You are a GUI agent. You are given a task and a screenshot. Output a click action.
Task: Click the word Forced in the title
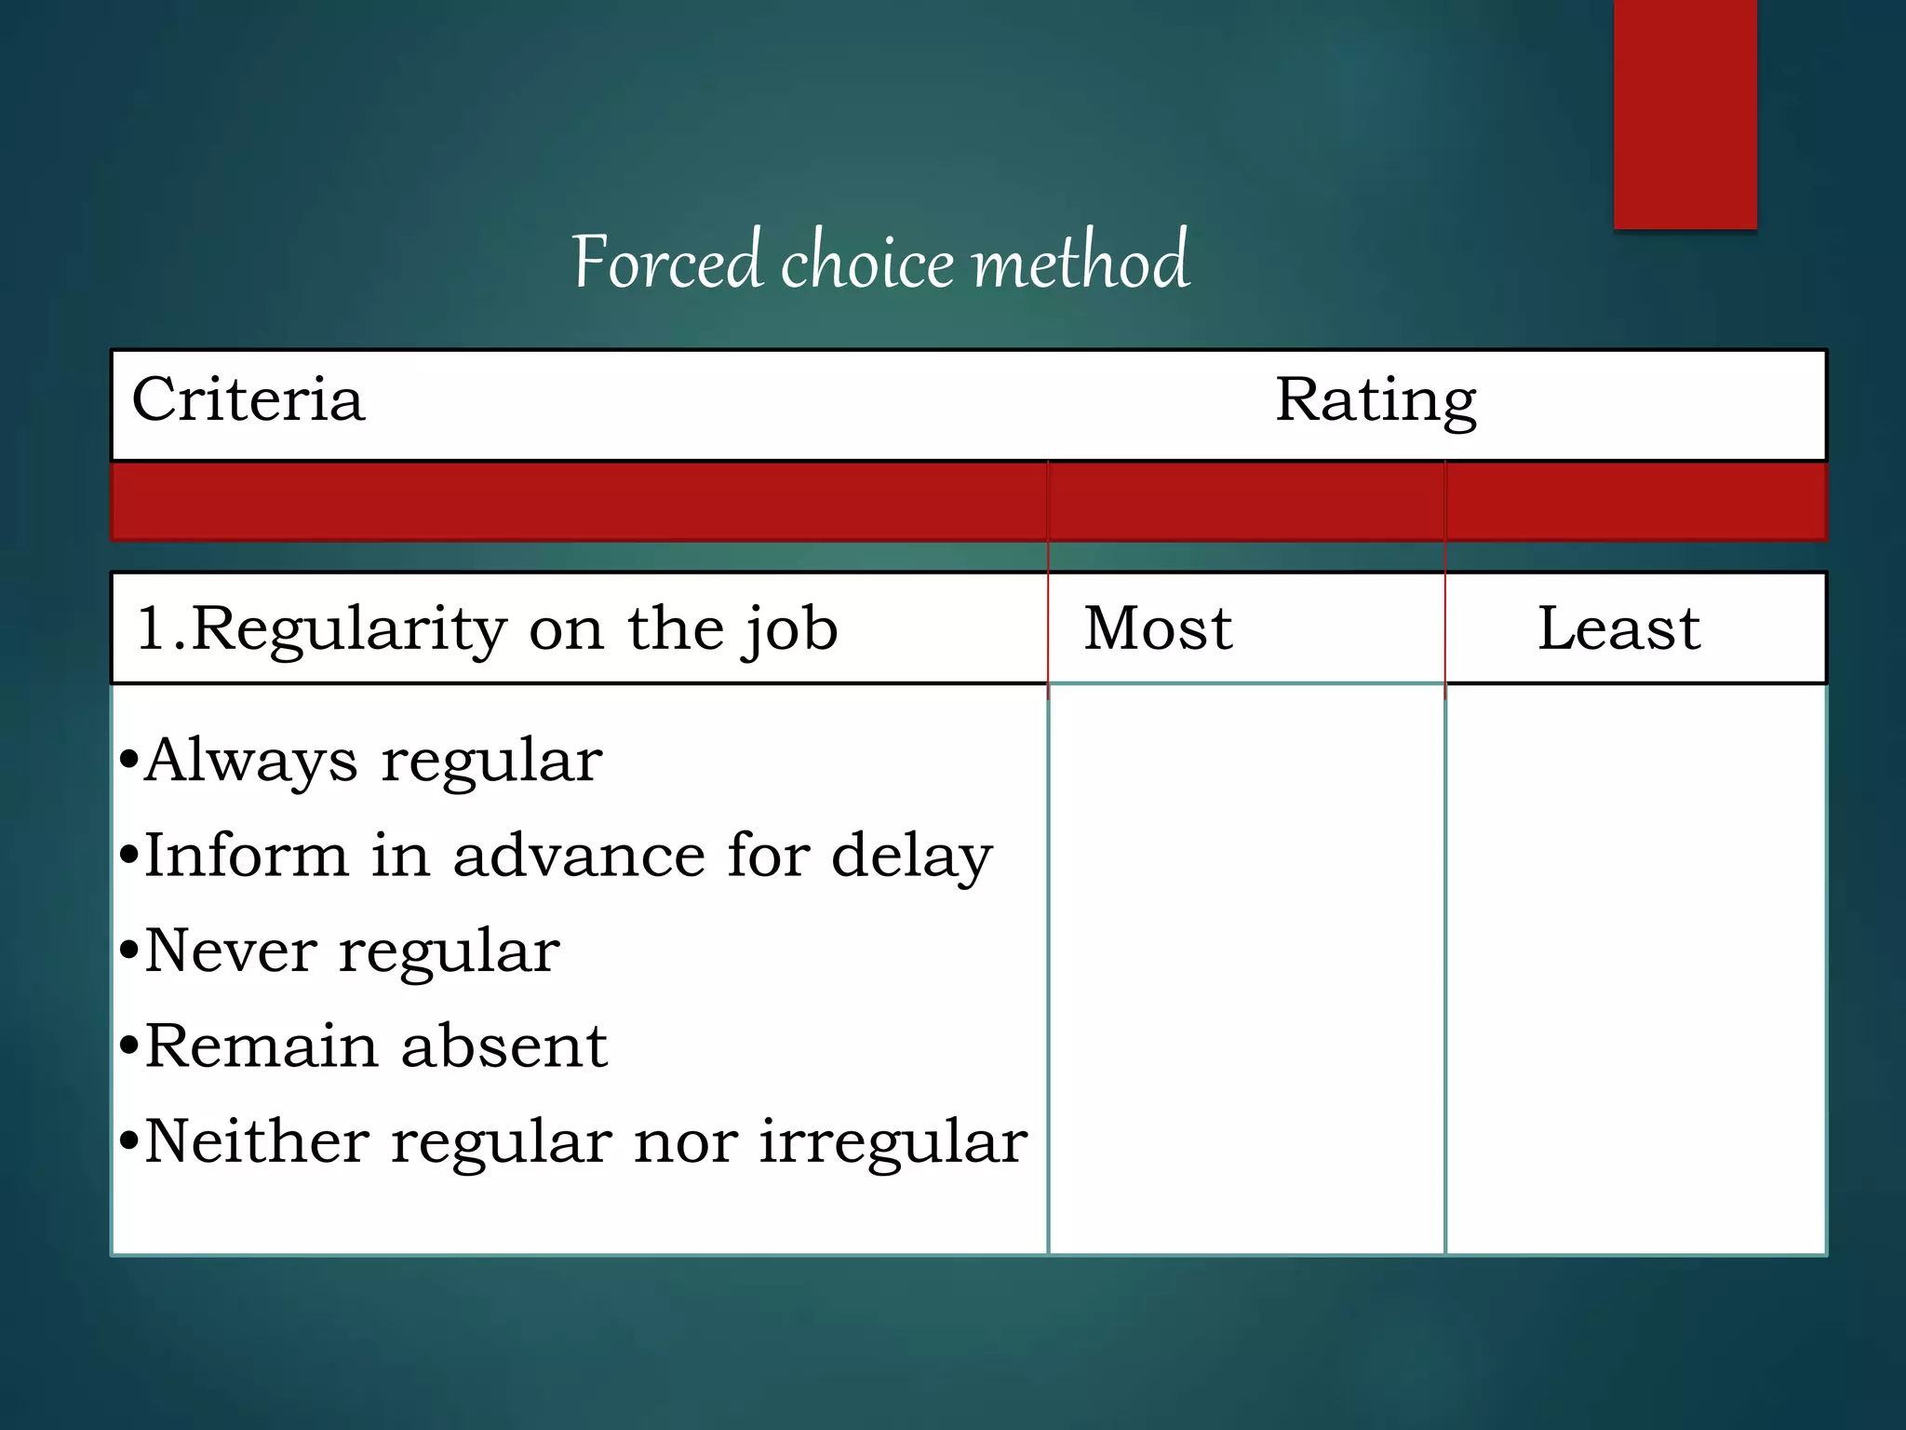tap(667, 263)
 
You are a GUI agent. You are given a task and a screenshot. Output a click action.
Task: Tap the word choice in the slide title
tap(866, 263)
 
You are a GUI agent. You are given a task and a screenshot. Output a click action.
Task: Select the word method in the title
tap(1080, 263)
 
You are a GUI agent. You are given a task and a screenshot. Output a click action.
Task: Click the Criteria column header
tap(248, 400)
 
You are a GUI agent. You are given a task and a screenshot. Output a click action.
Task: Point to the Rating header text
tap(1375, 400)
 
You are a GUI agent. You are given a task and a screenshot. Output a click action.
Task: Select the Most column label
tap(1158, 628)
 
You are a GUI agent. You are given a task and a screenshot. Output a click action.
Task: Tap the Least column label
tap(1618, 628)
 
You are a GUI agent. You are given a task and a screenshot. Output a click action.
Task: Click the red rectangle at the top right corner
tap(1685, 112)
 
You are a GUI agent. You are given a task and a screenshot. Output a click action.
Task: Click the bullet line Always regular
tap(372, 762)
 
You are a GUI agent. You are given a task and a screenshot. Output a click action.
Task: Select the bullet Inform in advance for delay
tap(568, 857)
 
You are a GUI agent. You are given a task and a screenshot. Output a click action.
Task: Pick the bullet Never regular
tap(352, 952)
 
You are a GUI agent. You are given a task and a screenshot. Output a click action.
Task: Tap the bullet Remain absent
tap(375, 1047)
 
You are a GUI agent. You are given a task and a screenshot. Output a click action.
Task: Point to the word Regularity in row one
tap(349, 630)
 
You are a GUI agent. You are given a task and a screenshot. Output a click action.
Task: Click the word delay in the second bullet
tap(911, 857)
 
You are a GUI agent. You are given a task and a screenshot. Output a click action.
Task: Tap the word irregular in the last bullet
tap(893, 1142)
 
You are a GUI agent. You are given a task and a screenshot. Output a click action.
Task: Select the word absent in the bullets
tap(503, 1047)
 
